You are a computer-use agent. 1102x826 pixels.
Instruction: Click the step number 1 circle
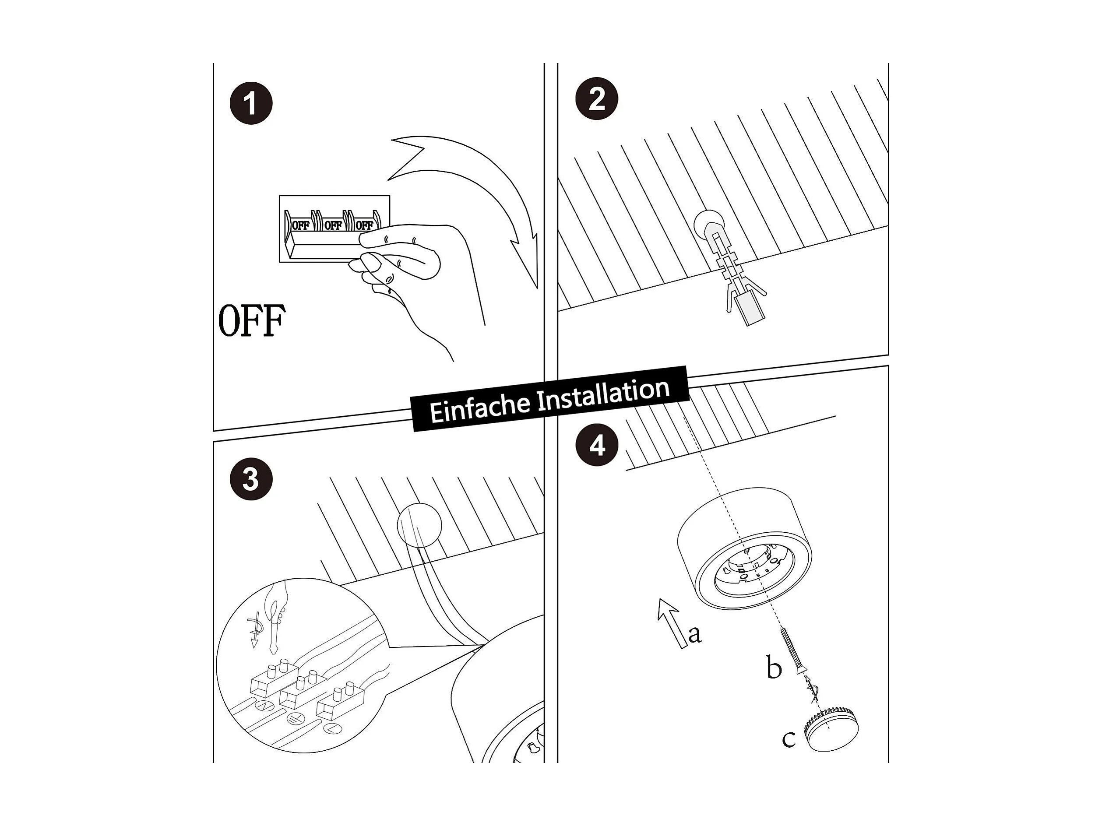coord(250,104)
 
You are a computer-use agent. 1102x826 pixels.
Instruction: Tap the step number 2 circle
coord(596,99)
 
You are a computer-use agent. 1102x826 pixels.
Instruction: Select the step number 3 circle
coord(250,479)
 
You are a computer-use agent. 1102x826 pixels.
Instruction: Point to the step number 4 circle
coord(596,445)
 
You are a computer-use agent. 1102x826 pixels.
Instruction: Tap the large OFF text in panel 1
coord(252,320)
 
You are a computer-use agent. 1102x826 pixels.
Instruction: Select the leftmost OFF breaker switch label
coord(300,225)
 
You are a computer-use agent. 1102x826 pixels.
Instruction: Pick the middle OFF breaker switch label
coord(333,225)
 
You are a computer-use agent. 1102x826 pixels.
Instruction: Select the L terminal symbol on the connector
coord(332,729)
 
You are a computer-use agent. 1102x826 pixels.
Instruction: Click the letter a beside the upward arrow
coord(694,634)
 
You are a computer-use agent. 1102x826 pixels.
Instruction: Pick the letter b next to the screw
coord(773,668)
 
